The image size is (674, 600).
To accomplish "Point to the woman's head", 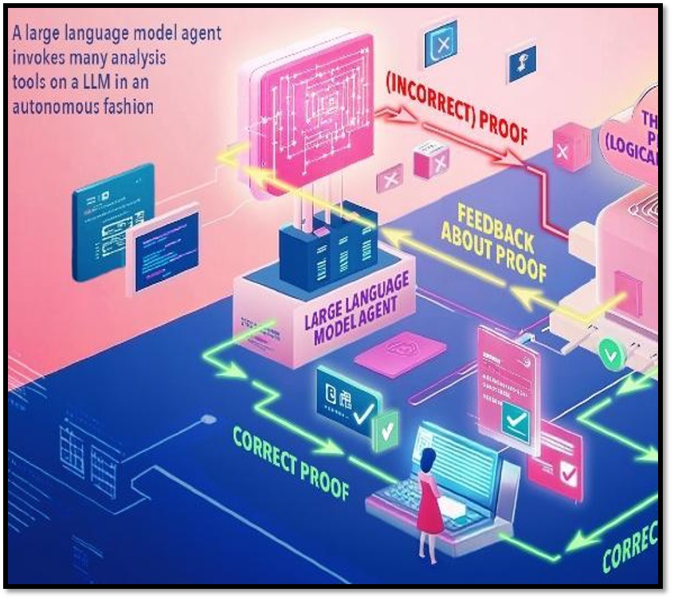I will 429,458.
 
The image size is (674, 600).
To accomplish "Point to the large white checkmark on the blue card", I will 363,411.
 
